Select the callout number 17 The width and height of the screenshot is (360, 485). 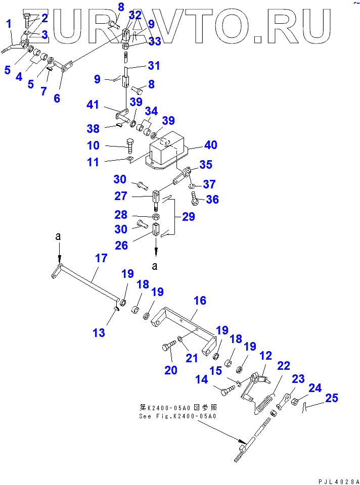(101, 258)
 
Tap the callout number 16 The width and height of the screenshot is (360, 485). (200, 301)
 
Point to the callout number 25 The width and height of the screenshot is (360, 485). (332, 399)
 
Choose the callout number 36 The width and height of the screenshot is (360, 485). (212, 200)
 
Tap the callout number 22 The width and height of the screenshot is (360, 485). (283, 365)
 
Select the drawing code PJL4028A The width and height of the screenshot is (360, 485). (339, 480)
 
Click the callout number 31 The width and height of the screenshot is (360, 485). (153, 65)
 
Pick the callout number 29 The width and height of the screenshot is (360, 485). (187, 218)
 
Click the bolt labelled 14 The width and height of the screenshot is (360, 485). (228, 391)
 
